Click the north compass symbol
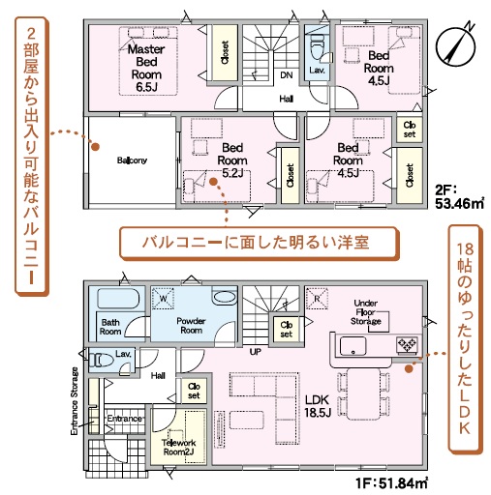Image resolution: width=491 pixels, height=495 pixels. click(456, 46)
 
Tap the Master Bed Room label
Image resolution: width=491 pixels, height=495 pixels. click(146, 68)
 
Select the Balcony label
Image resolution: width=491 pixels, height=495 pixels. click(132, 160)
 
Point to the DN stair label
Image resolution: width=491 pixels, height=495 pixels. click(287, 75)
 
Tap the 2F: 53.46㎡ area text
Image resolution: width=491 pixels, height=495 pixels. click(460, 197)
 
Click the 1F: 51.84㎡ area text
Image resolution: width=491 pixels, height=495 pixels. click(392, 483)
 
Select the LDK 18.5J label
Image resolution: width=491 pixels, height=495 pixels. click(318, 406)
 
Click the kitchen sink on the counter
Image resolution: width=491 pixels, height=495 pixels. click(353, 346)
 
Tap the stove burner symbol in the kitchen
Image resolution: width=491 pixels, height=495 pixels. click(407, 345)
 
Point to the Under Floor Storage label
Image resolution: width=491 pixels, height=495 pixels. click(366, 312)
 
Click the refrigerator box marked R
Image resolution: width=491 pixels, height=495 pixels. click(317, 299)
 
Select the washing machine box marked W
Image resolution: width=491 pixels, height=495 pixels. click(163, 299)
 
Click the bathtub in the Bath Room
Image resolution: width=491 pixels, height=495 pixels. click(118, 299)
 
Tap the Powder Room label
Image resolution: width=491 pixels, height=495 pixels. click(191, 326)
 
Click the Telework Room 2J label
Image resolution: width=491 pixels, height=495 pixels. click(178, 448)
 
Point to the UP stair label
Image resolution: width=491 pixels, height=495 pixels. click(255, 352)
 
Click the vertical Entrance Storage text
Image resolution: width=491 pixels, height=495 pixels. click(75, 401)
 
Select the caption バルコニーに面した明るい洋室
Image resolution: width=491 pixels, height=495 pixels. click(256, 243)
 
